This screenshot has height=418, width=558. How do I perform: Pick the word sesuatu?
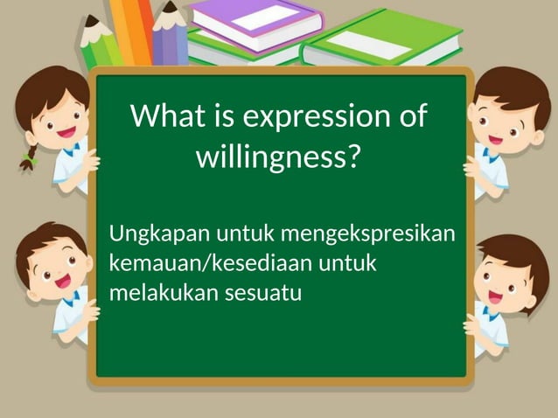tap(262, 293)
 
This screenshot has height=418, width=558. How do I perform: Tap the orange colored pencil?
tap(131, 31)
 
